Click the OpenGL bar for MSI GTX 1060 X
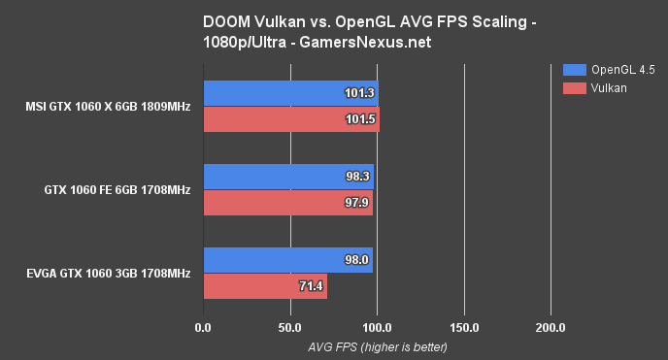289,94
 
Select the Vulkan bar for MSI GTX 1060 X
290,119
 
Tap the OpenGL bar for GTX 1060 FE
288,178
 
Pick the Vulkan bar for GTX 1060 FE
287,203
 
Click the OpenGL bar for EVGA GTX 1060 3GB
287,261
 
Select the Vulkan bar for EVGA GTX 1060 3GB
264,286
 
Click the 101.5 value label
359,119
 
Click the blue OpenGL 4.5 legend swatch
573,70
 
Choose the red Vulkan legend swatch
573,88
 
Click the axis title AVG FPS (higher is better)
377,346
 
